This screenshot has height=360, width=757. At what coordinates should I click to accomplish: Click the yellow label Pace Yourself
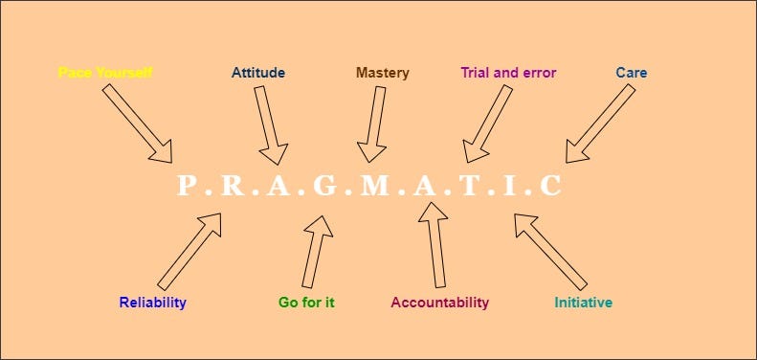(105, 73)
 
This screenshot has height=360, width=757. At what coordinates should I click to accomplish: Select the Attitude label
(258, 73)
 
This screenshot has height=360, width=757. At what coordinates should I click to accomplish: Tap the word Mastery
(382, 73)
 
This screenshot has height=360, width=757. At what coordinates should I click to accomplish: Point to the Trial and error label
(508, 73)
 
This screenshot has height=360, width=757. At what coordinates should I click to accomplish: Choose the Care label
(632, 73)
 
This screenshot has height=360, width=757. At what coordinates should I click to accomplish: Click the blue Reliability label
(153, 303)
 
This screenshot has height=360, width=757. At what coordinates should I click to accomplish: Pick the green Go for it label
(306, 303)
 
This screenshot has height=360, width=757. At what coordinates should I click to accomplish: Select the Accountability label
(439, 303)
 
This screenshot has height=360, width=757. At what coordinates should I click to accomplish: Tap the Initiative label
(584, 303)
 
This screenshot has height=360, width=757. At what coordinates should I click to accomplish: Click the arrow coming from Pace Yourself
(138, 123)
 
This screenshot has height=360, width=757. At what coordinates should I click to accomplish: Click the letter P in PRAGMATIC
(188, 186)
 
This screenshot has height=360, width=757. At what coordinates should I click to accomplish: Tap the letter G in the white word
(325, 186)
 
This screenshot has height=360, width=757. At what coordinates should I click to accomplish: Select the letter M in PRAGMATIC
(372, 186)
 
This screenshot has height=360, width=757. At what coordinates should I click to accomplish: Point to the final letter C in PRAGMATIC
(550, 186)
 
